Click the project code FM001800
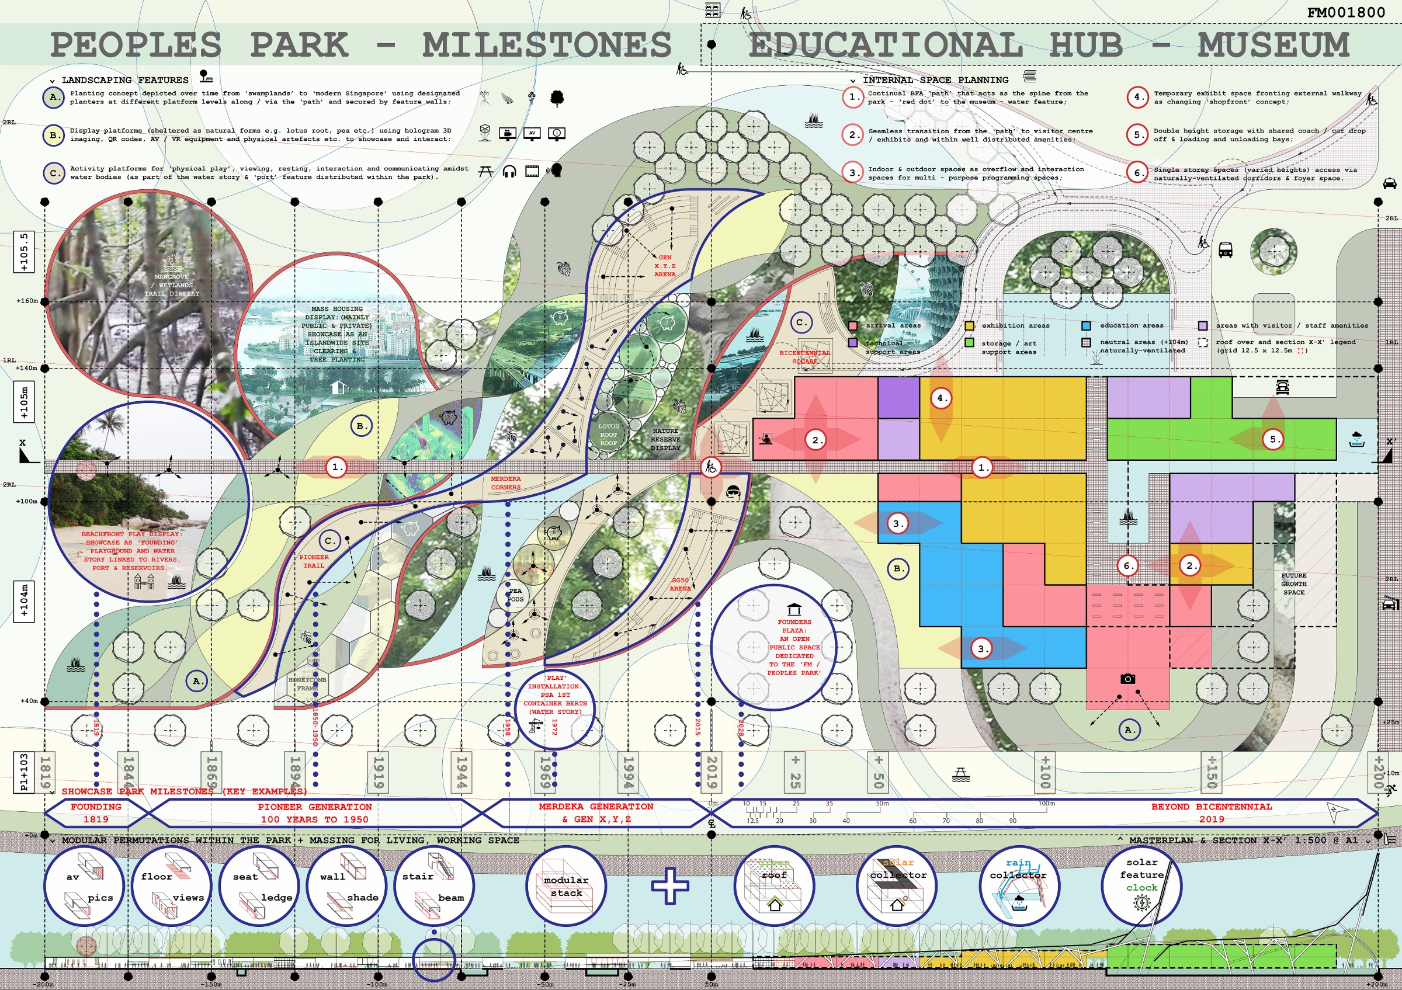pyautogui.click(x=1346, y=12)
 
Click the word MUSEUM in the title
pyautogui.click(x=1272, y=45)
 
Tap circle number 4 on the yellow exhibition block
pyautogui.click(x=942, y=398)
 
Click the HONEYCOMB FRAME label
pyautogui.click(x=307, y=683)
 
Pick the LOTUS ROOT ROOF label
pyautogui.click(x=608, y=435)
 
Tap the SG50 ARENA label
pyautogui.click(x=680, y=584)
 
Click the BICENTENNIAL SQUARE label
pyautogui.click(x=804, y=356)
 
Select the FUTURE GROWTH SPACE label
pyautogui.click(x=1293, y=583)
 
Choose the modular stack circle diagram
pyautogui.click(x=566, y=886)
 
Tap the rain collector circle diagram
pyautogui.click(x=1019, y=885)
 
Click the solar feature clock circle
pyautogui.click(x=1141, y=885)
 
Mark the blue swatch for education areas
pyautogui.click(x=1086, y=326)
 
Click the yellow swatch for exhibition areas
pyautogui.click(x=969, y=326)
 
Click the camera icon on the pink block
pyautogui.click(x=1128, y=679)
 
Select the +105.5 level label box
pyautogui.click(x=24, y=252)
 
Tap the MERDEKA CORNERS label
pyautogui.click(x=506, y=483)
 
